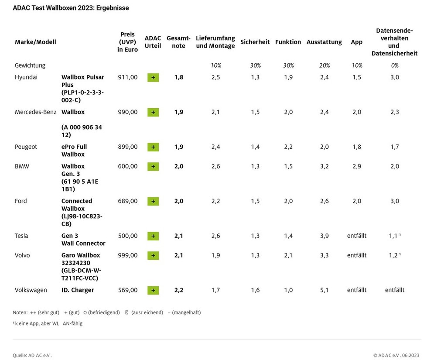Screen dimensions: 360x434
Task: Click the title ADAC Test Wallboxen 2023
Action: coord(71,8)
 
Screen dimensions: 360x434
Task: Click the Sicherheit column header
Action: coord(255,42)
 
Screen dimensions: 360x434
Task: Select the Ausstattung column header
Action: coord(324,42)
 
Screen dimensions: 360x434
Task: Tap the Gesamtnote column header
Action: coord(178,42)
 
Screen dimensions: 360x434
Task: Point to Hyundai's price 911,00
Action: coord(127,77)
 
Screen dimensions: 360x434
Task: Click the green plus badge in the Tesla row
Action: coord(153,236)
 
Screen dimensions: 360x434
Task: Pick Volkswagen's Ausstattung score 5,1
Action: coord(324,290)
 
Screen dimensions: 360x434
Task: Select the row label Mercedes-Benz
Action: coord(35,112)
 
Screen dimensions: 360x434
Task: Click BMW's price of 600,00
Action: coord(127,166)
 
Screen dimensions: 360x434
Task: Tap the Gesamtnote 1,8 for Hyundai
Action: coord(178,77)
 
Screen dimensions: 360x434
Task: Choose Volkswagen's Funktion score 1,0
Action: coord(288,290)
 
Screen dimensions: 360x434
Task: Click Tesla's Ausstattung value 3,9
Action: coord(324,236)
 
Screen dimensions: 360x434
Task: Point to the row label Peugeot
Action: coord(26,147)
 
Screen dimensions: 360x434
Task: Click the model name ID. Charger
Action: coord(78,290)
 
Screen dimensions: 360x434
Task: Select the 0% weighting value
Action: coord(394,65)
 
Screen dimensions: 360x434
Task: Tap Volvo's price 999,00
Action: coord(127,255)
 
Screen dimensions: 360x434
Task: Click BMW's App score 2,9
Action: coord(356,166)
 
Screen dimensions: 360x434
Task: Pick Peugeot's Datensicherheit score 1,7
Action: coord(394,147)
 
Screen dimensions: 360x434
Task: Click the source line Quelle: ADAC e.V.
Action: coord(32,355)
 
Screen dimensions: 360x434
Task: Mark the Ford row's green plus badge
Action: coord(153,201)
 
